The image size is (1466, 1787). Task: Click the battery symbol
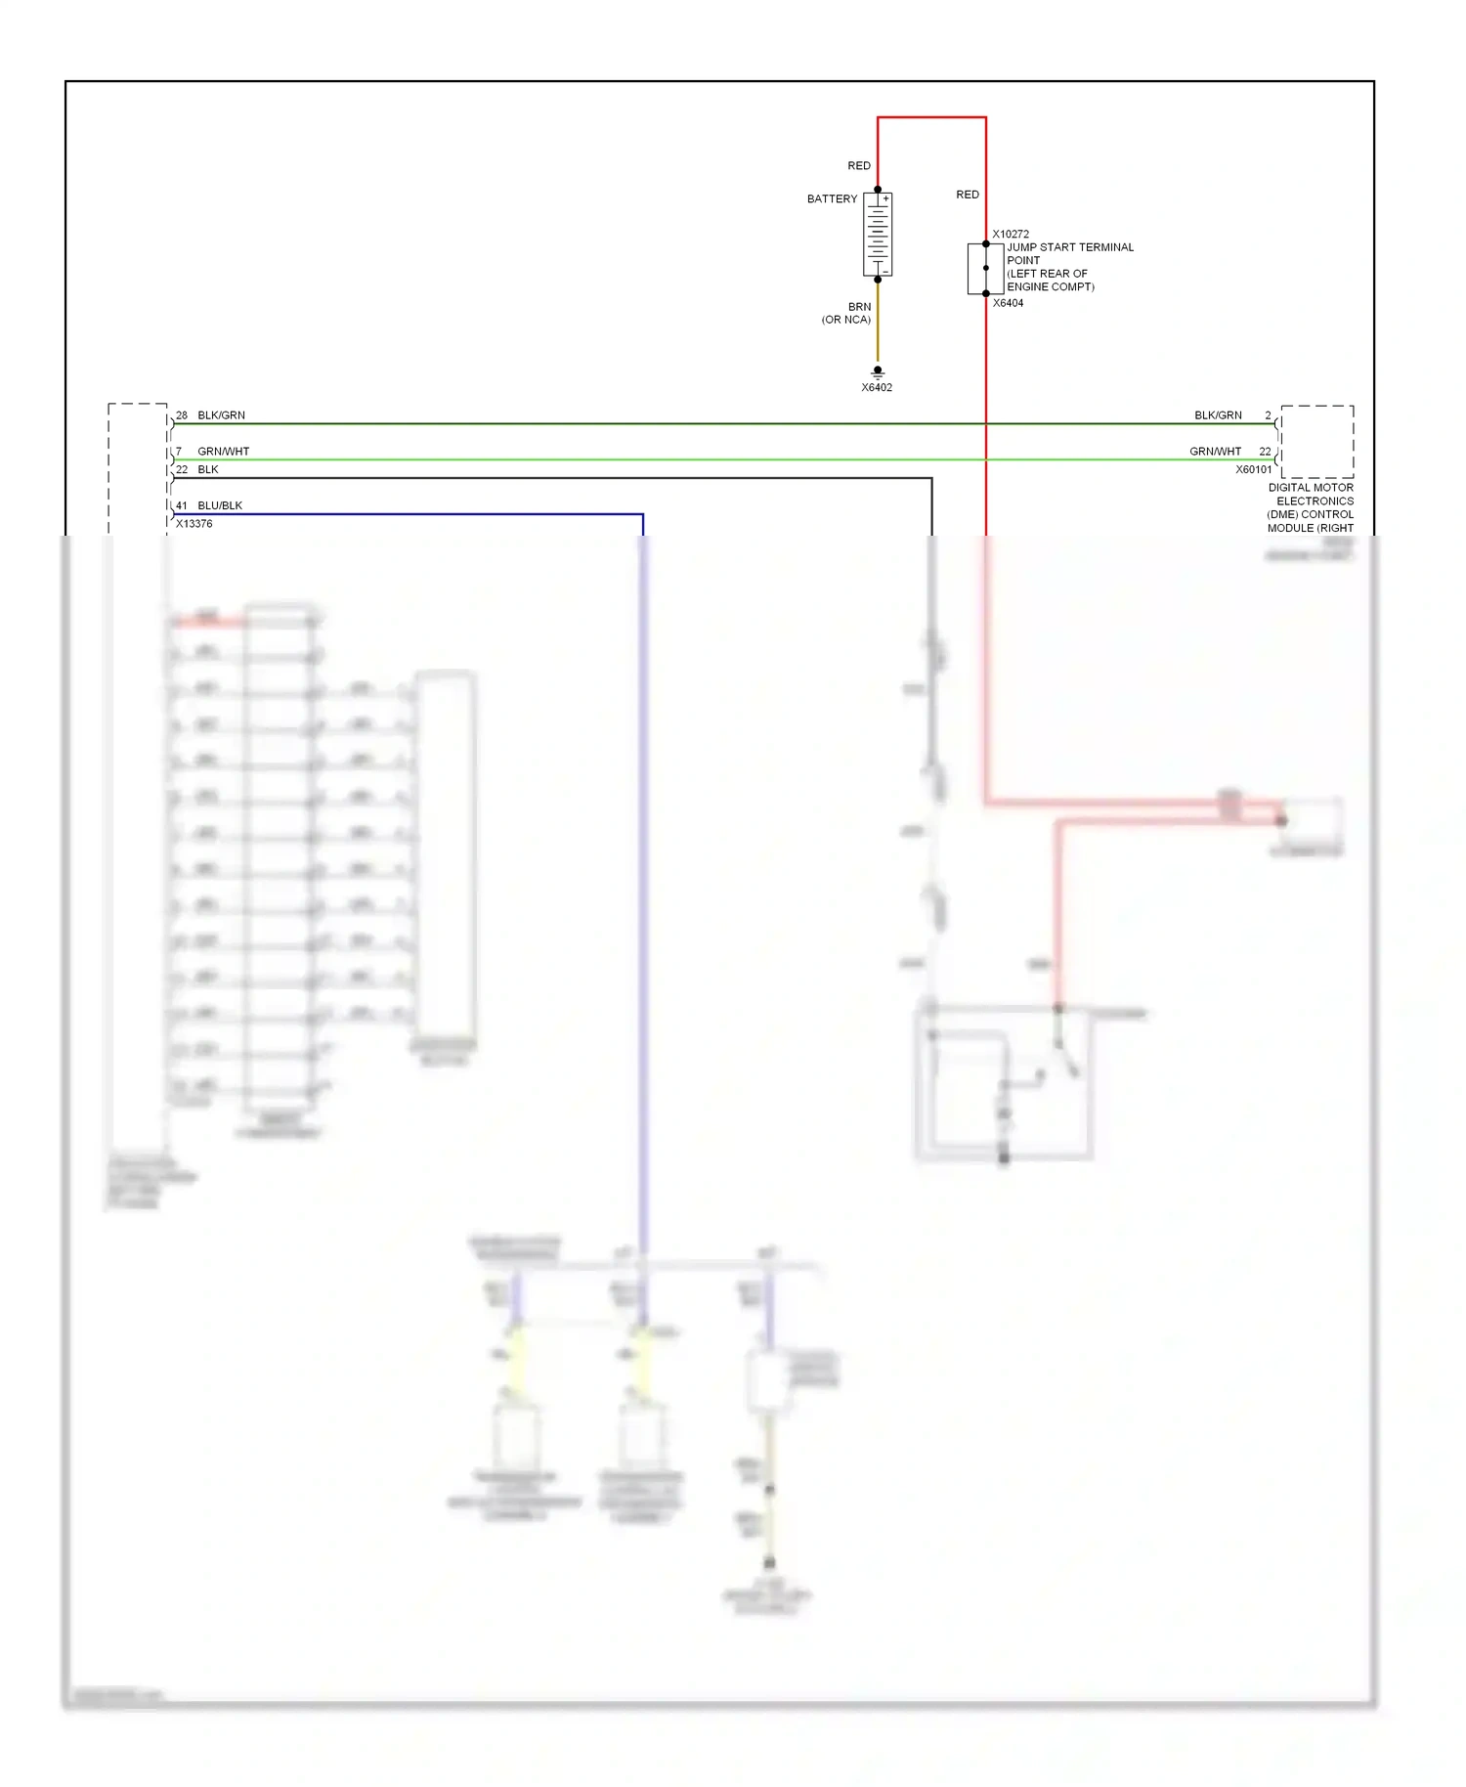pos(878,235)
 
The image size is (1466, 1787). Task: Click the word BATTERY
pos(832,198)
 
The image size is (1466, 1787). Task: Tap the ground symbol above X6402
pos(878,371)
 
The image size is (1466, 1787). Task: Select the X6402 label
pos(877,388)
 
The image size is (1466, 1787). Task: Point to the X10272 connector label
pos(1011,235)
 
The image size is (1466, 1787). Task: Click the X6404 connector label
pos(1008,303)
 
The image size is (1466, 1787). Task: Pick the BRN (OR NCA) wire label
pos(848,313)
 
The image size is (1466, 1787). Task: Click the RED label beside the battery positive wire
pos(859,166)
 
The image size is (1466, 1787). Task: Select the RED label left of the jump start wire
pos(968,195)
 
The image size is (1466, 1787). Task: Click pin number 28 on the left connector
pos(182,415)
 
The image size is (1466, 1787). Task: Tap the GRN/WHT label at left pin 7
pos(224,452)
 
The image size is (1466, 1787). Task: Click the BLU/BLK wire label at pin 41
pos(220,505)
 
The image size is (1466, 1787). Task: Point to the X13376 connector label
pos(194,524)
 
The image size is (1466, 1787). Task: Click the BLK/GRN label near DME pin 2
pos(1218,415)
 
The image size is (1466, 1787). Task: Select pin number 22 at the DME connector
pos(1265,452)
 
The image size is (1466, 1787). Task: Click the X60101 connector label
pos(1254,469)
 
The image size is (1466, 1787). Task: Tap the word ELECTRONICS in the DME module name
pos(1315,501)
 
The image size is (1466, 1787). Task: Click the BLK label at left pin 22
pos(208,469)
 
